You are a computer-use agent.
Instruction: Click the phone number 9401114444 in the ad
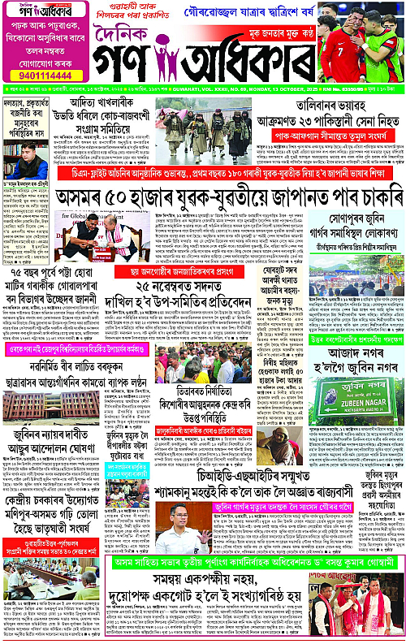tap(37, 73)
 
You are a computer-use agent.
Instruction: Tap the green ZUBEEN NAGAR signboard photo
tap(357, 393)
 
